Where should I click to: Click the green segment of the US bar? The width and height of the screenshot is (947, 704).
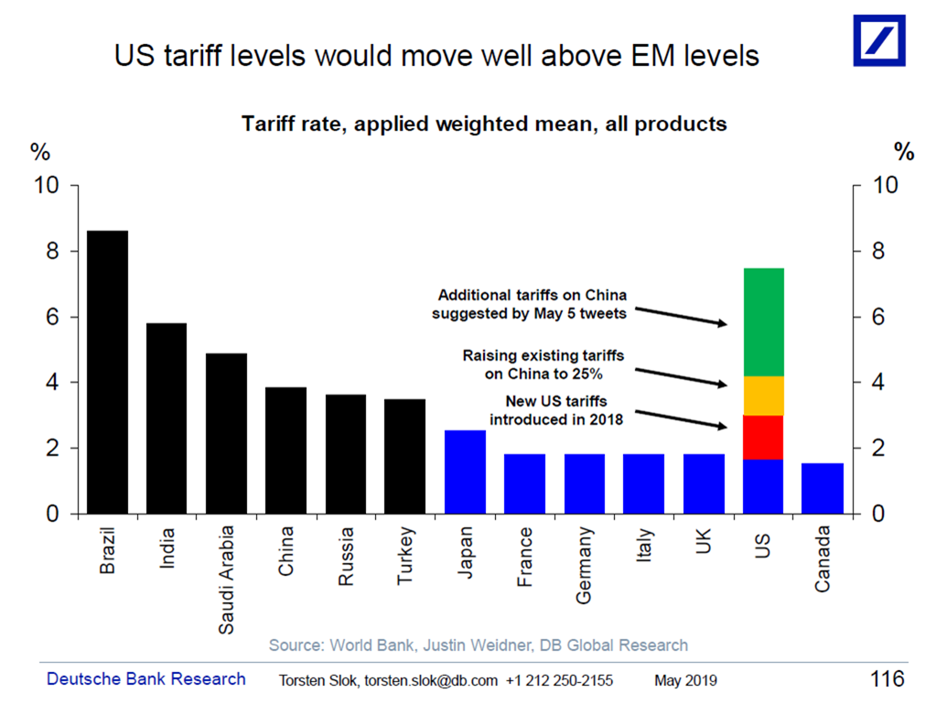[763, 322]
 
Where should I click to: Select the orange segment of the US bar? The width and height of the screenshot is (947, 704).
[763, 395]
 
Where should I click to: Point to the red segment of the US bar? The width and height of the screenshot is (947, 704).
[763, 437]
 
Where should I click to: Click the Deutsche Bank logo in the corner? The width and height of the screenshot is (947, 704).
[879, 40]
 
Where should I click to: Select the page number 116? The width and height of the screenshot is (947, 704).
[887, 679]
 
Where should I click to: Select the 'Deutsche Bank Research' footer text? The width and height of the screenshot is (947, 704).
[146, 679]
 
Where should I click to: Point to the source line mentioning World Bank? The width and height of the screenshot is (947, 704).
[478, 645]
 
